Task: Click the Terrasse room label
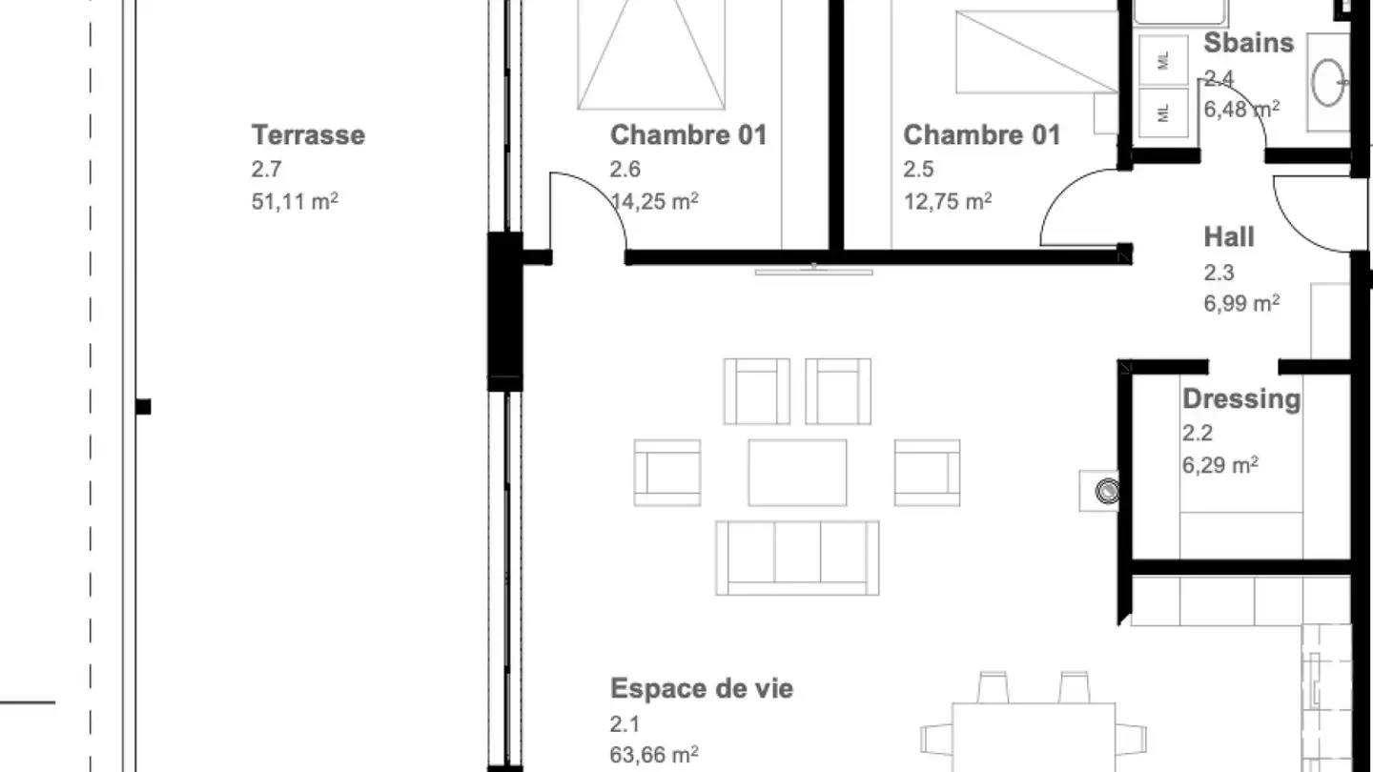(308, 134)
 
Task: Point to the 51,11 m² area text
(295, 201)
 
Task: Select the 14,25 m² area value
(654, 201)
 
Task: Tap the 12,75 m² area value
(948, 201)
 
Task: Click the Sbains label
(1249, 43)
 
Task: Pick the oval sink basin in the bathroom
(1328, 83)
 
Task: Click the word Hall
(1229, 237)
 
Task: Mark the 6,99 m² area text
(1241, 303)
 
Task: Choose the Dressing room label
(1241, 398)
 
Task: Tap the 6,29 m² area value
(1219, 465)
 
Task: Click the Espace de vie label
(702, 689)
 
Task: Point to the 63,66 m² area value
(654, 754)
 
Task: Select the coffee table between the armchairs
(797, 473)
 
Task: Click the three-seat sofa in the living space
(797, 559)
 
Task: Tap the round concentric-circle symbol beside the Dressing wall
(1108, 492)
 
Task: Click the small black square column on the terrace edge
(143, 407)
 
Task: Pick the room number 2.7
(266, 169)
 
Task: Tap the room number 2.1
(625, 724)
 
